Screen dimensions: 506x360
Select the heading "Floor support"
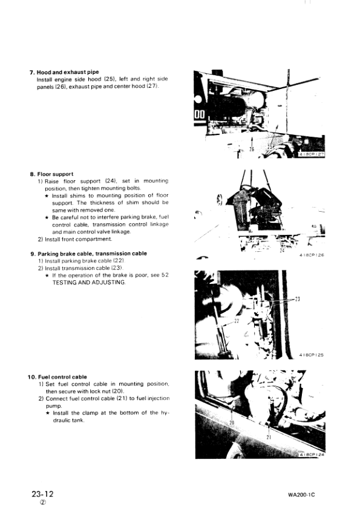tap(54, 174)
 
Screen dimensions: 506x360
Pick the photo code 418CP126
tap(312, 255)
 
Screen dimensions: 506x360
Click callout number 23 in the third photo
tap(297, 299)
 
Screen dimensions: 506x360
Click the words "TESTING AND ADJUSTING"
tap(89, 283)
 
